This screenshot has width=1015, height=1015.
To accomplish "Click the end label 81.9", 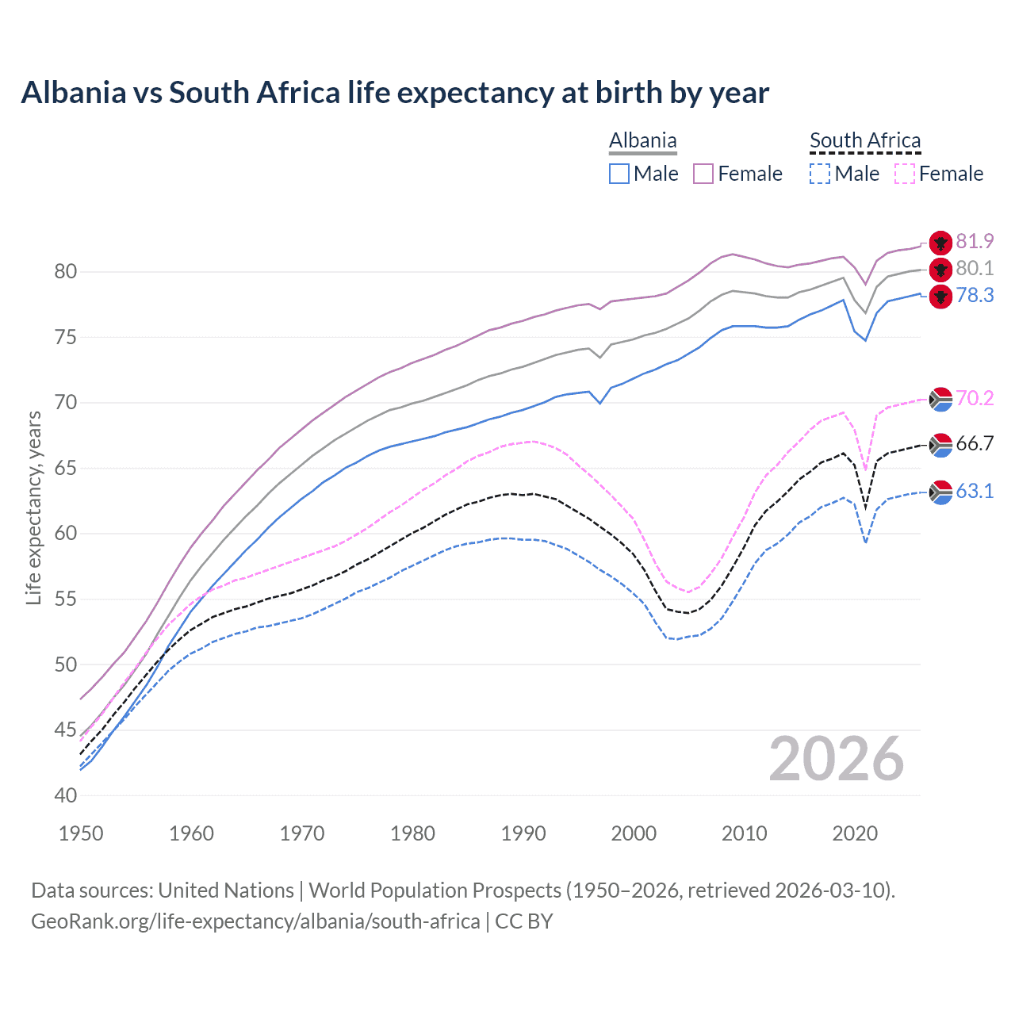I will click(975, 241).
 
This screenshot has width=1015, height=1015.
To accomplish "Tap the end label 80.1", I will click(975, 268).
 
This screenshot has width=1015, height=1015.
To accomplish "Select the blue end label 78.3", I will click(975, 295).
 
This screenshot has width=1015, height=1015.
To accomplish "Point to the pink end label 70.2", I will click(975, 398).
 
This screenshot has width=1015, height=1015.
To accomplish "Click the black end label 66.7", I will click(975, 443).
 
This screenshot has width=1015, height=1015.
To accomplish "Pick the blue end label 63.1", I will click(975, 491).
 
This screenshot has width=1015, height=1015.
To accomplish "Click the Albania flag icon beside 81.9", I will click(940, 243).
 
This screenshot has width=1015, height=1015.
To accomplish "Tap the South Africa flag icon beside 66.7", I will click(940, 446).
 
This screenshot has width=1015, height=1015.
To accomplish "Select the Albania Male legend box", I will click(619, 174).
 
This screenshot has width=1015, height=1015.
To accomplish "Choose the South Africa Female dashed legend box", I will click(905, 174).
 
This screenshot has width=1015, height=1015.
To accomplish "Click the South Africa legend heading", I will click(865, 140).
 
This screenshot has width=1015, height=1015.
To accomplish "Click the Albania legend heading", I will click(642, 140).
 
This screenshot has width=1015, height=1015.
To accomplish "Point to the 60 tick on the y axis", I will click(67, 533).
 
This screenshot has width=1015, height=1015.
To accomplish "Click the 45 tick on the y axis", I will click(67, 730).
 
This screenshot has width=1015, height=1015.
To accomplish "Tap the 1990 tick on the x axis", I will click(523, 833).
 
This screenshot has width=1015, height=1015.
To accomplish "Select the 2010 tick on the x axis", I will click(745, 833).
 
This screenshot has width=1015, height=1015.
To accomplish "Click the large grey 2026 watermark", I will click(836, 759).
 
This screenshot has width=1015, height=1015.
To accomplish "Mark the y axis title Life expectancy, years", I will click(33, 507).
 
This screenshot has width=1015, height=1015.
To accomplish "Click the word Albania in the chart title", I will click(73, 93).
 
